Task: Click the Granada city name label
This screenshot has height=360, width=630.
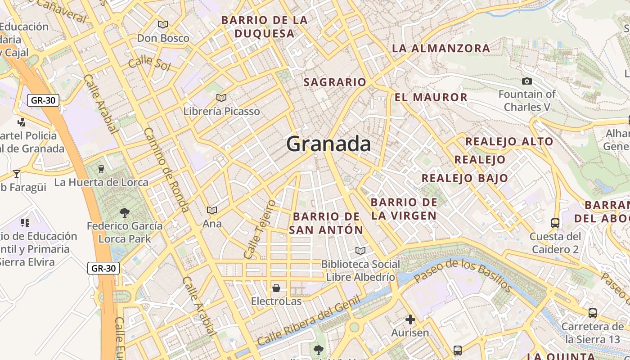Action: click(328, 144)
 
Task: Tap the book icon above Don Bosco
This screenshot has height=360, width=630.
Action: click(163, 25)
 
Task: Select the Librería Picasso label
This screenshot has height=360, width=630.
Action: click(222, 111)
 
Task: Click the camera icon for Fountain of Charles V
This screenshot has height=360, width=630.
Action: click(526, 81)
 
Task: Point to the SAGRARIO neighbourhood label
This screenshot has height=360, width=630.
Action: click(335, 82)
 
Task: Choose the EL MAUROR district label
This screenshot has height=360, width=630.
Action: click(431, 98)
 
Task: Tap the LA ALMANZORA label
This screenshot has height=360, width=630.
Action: click(441, 48)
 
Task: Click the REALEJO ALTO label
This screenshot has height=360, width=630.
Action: click(509, 142)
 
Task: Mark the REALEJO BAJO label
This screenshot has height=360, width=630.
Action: click(465, 178)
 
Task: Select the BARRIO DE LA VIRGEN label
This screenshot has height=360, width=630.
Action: click(404, 209)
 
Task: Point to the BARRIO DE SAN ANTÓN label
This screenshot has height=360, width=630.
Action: click(326, 223)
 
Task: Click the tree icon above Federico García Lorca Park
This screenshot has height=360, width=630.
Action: click(125, 212)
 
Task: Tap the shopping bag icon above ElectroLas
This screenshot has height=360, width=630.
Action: click(276, 288)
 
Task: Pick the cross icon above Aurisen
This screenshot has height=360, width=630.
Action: click(410, 319)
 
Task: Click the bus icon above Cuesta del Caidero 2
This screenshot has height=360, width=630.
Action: click(555, 223)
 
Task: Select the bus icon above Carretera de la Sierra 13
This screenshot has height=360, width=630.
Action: click(593, 313)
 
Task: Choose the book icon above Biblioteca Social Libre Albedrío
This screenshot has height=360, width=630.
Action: click(360, 251)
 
